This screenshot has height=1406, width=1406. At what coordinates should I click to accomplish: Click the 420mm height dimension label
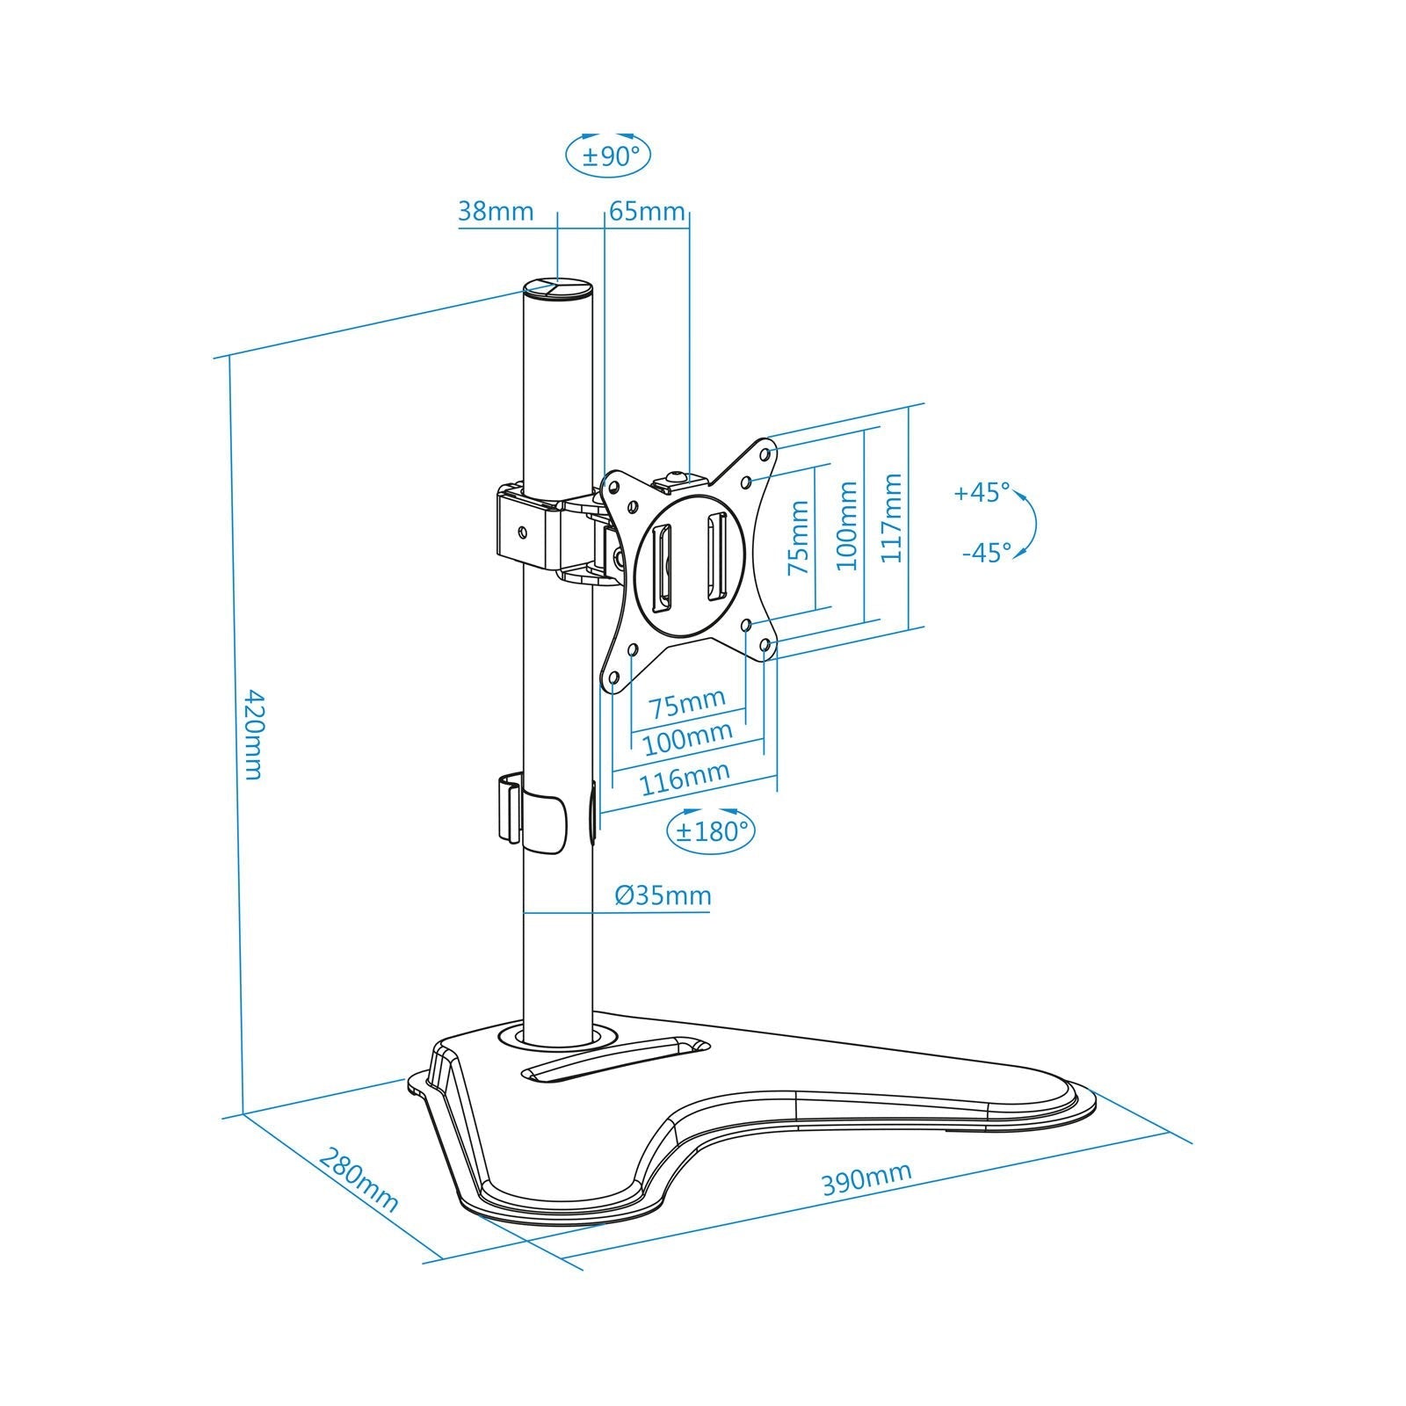[x=252, y=735]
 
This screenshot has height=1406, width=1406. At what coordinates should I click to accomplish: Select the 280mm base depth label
[x=359, y=1180]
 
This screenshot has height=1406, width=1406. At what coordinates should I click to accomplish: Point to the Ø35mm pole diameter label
[x=663, y=895]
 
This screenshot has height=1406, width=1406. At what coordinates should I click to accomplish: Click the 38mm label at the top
[x=496, y=212]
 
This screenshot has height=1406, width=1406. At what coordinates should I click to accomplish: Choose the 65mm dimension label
[x=647, y=212]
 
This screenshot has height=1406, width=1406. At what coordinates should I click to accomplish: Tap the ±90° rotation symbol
[x=608, y=156]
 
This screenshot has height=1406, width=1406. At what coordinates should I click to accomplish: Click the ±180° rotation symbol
[x=712, y=829]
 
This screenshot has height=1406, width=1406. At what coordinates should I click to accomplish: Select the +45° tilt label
[x=982, y=492]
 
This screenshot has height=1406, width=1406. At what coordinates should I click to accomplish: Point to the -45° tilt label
[x=986, y=553]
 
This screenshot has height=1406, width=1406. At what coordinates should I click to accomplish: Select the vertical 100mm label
[x=847, y=525]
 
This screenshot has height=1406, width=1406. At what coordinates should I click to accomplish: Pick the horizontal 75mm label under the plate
[x=688, y=701]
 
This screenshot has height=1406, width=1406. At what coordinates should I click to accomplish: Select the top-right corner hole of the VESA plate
[x=766, y=454]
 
